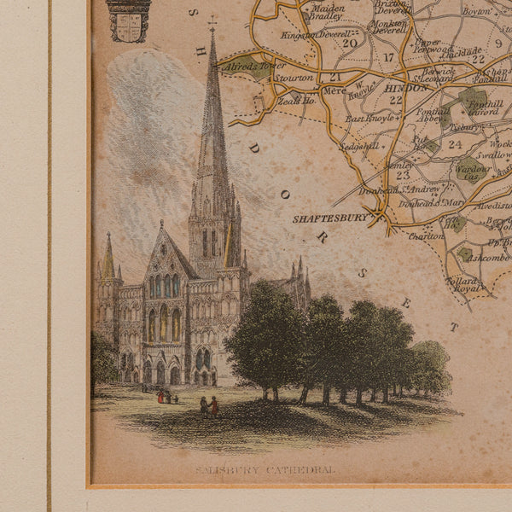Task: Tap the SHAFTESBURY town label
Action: (331, 218)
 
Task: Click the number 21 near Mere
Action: (335, 78)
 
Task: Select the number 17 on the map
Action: (389, 58)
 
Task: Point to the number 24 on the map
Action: (454, 144)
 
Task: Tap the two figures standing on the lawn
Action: (209, 406)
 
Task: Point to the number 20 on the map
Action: (349, 44)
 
